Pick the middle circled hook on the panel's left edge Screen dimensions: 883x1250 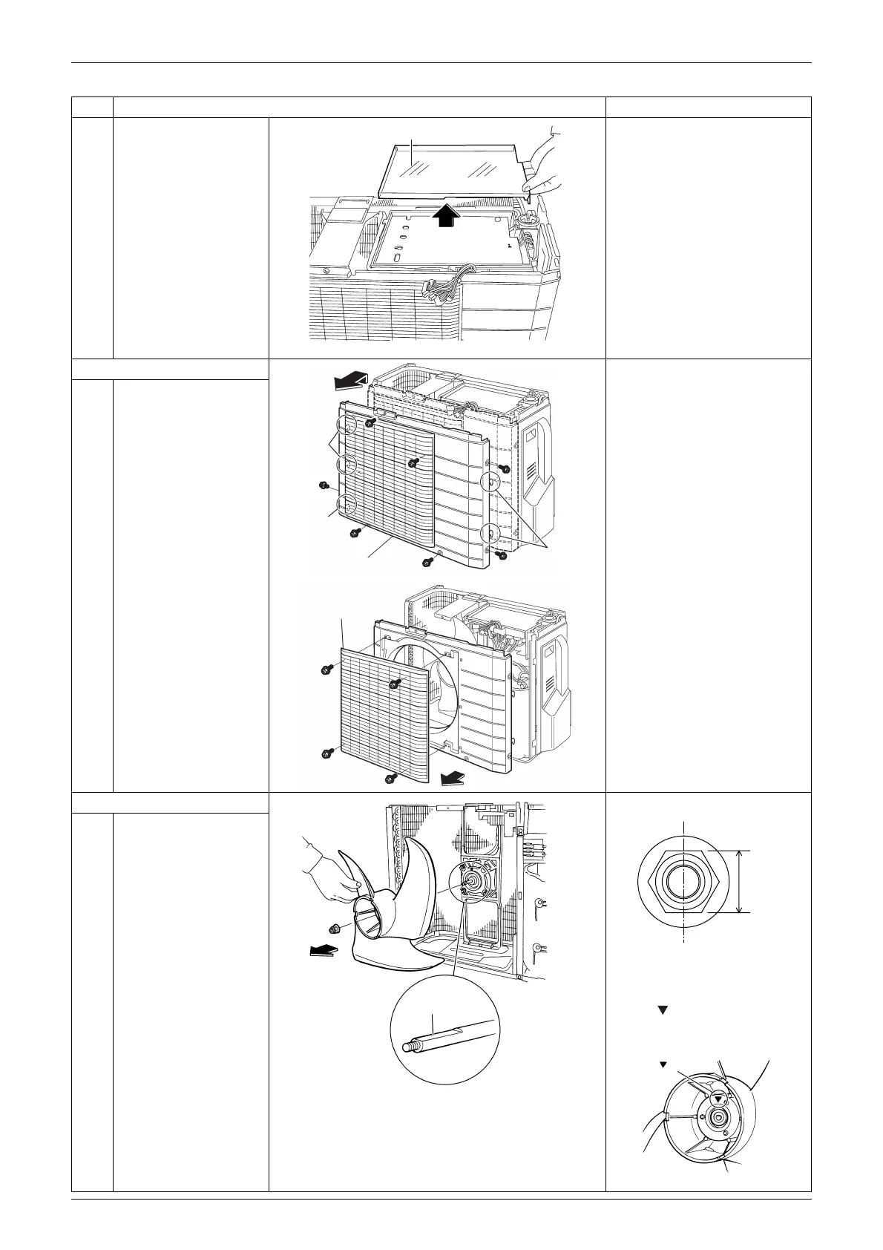click(x=347, y=465)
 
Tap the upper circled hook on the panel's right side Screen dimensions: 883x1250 click(x=490, y=482)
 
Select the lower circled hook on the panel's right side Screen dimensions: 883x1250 click(x=490, y=533)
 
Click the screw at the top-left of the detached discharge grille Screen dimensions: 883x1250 click(x=325, y=671)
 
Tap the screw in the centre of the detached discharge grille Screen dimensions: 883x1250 click(x=395, y=682)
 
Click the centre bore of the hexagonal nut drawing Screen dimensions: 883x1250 click(x=683, y=881)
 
